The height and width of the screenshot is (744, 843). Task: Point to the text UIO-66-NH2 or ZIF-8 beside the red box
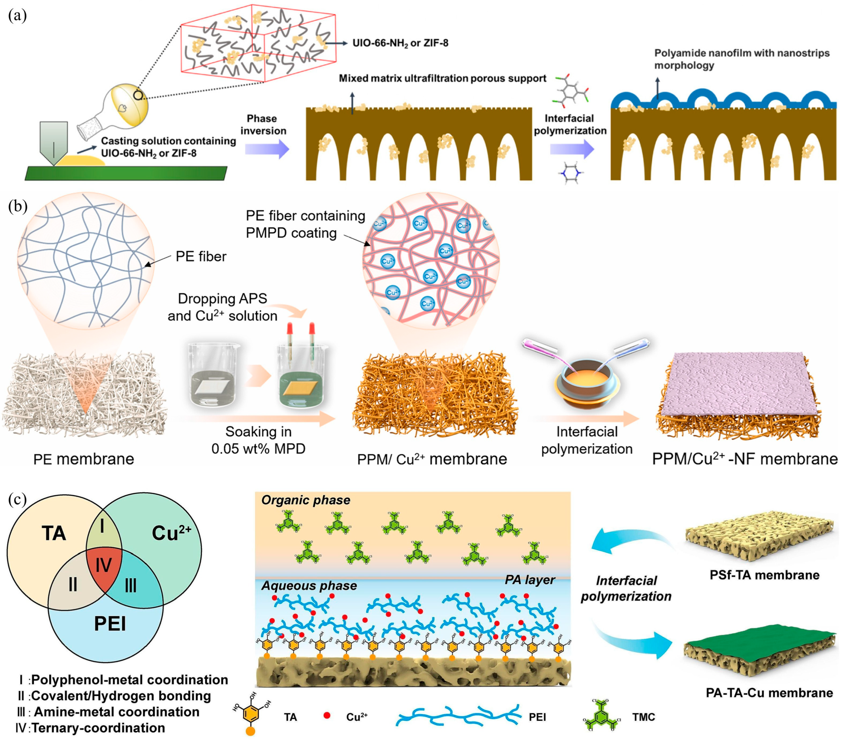400,43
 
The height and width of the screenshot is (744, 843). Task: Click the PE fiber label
201,256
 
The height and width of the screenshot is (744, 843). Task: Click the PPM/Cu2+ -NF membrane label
744,459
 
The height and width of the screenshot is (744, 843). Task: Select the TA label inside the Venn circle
54,533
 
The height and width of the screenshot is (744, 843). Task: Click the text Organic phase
306,500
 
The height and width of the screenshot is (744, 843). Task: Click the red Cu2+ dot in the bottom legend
327,716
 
